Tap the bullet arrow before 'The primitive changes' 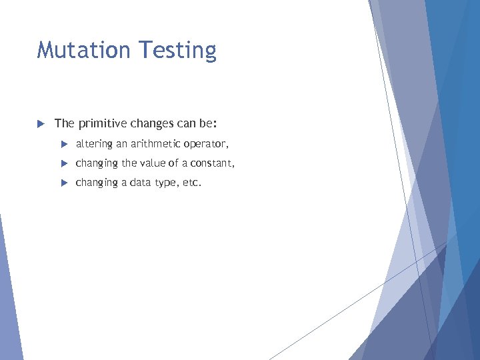pos(40,123)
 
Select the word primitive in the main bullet pos(100,124)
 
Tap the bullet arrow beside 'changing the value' pos(65,163)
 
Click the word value pos(154,163)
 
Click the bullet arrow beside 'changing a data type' pos(65,183)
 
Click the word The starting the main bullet pos(64,123)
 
